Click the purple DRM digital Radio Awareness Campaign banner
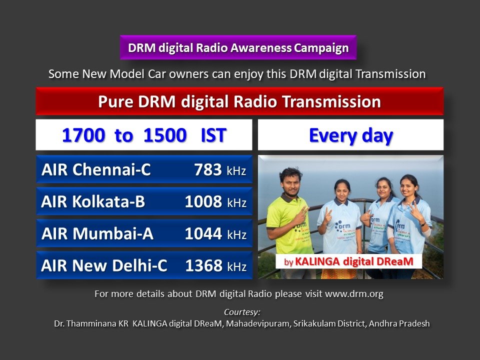(x=238, y=48)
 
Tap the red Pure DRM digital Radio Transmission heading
(x=239, y=101)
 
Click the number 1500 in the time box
(x=165, y=135)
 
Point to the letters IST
(x=213, y=135)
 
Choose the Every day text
(x=350, y=135)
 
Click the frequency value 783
(x=208, y=170)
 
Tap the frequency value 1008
(x=203, y=202)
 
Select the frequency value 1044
(x=203, y=234)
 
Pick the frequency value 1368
(x=203, y=266)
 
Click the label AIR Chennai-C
(x=96, y=170)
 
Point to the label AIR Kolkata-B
(x=93, y=202)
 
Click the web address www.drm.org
(x=354, y=294)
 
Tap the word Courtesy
(x=242, y=312)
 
